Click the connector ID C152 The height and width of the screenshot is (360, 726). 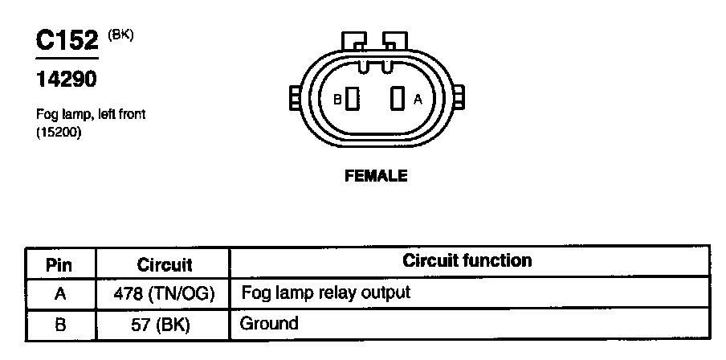[x=67, y=41]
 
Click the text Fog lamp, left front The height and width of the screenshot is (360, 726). [x=91, y=115]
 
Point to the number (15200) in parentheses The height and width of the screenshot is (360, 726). [x=59, y=133]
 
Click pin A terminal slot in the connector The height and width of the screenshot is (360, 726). [x=395, y=100]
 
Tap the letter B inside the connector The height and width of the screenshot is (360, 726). [x=338, y=100]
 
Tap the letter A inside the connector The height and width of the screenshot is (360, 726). [x=417, y=100]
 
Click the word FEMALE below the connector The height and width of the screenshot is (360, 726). [x=376, y=176]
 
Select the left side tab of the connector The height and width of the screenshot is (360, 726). [x=294, y=100]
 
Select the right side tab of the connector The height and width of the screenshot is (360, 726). [x=460, y=100]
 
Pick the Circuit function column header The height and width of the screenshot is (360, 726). [x=467, y=261]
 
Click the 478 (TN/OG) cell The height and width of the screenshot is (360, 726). [x=165, y=294]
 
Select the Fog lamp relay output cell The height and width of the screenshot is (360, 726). [x=326, y=292]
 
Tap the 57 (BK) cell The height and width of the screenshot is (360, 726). [x=165, y=325]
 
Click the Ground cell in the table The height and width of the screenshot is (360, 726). [x=270, y=324]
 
